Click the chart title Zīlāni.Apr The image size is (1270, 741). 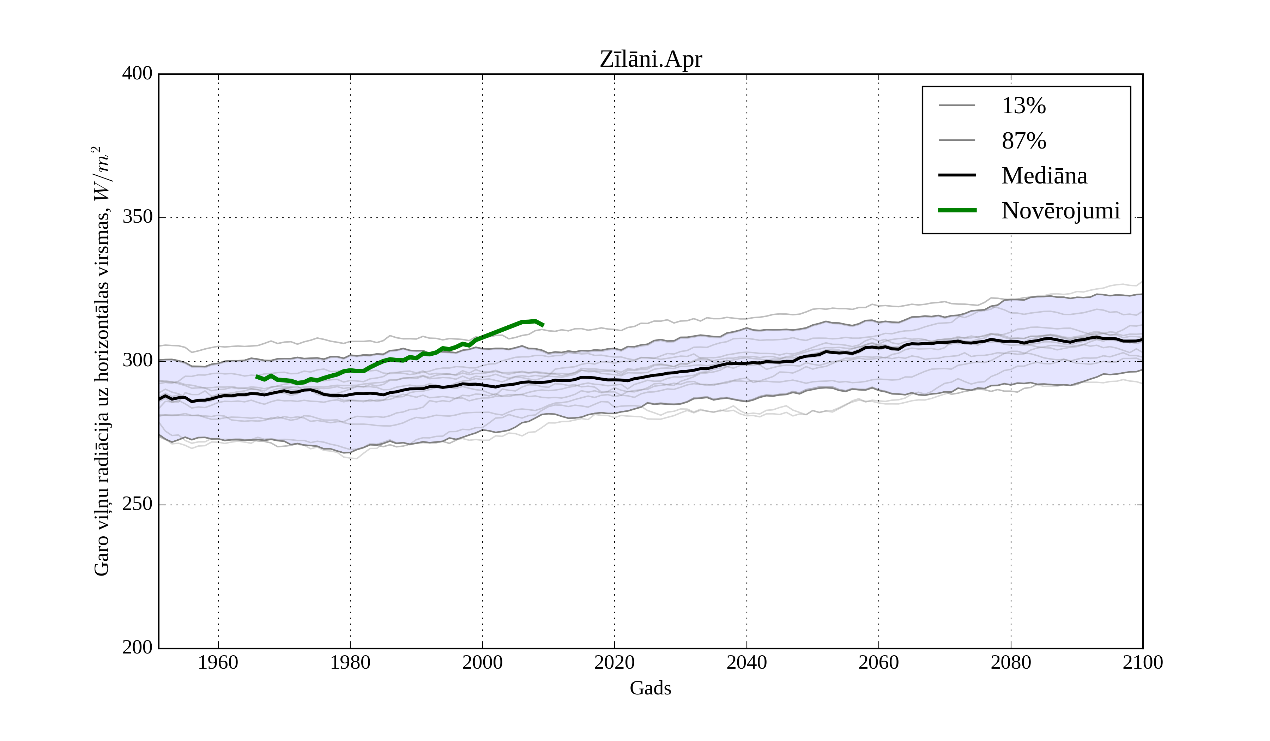650,60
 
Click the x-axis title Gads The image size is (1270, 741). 650,688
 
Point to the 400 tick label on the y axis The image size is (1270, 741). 137,74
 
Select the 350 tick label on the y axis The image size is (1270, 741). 137,217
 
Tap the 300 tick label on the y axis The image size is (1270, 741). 137,361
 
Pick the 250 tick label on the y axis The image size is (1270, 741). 137,504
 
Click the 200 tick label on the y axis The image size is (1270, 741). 137,648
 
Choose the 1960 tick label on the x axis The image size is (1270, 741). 218,662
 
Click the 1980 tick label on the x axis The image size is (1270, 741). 350,662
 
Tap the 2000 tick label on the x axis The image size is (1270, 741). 482,662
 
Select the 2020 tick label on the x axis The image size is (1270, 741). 614,662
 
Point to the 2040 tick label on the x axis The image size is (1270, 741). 746,662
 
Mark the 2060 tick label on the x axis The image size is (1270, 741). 878,662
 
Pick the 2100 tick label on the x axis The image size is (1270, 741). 1143,662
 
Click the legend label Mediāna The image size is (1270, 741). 1044,176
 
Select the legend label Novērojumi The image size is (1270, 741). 1060,211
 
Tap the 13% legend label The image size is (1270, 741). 1023,106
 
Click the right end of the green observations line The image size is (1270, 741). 543,325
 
